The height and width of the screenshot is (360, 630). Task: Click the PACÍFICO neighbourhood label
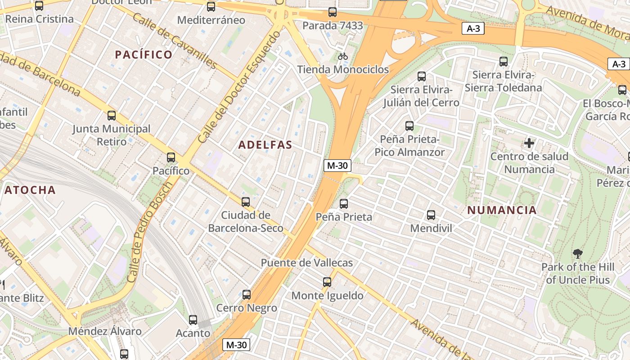pyautogui.click(x=144, y=55)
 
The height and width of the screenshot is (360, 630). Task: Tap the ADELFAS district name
pyautogui.click(x=265, y=145)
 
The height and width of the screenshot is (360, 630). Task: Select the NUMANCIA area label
pyautogui.click(x=502, y=210)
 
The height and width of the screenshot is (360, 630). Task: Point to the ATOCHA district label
pyautogui.click(x=30, y=190)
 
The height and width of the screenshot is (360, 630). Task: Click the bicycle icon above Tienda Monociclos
pyautogui.click(x=343, y=56)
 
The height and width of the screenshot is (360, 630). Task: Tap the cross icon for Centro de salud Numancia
pyautogui.click(x=529, y=144)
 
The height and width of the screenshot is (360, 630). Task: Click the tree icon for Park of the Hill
pyautogui.click(x=578, y=254)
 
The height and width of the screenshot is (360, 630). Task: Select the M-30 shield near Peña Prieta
pyautogui.click(x=337, y=166)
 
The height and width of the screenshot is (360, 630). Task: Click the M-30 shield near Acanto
pyautogui.click(x=236, y=345)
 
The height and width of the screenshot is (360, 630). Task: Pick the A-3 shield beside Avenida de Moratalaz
pyautogui.click(x=473, y=29)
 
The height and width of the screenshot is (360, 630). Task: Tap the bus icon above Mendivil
pyautogui.click(x=431, y=215)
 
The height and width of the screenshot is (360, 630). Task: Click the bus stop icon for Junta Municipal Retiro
pyautogui.click(x=112, y=116)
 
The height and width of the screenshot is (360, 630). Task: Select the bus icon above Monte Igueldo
pyautogui.click(x=327, y=282)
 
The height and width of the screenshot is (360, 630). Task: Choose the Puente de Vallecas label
pyautogui.click(x=307, y=263)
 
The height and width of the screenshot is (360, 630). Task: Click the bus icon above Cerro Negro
pyautogui.click(x=247, y=295)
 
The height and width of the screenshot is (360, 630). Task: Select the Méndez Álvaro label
pyautogui.click(x=105, y=332)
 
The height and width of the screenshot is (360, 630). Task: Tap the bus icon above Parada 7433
pyautogui.click(x=333, y=12)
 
